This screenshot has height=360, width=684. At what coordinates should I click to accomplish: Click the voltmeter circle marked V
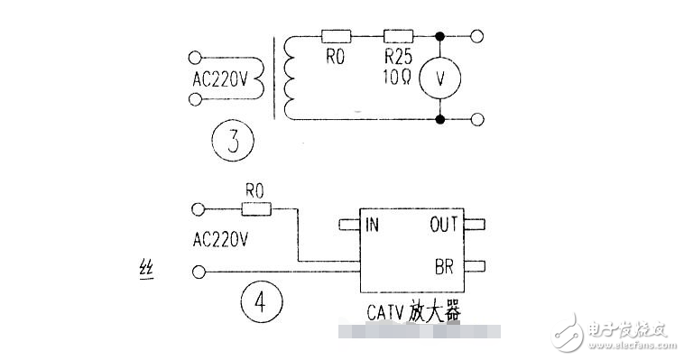coord(440,78)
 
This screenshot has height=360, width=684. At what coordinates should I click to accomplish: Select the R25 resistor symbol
coord(398,37)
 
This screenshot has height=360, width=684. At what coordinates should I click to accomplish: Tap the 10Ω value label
coord(398,78)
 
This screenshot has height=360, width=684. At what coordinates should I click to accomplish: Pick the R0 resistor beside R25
coord(336,37)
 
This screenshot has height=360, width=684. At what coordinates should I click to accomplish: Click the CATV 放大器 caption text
coord(414,312)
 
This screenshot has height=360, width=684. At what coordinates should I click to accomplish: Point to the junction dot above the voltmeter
coord(440,37)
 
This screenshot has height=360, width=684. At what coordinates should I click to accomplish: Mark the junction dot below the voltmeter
coord(440,118)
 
